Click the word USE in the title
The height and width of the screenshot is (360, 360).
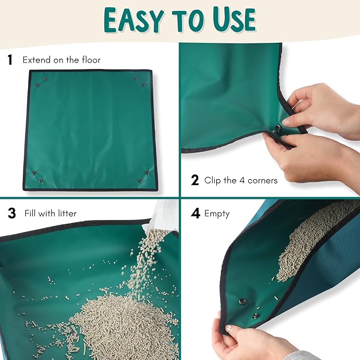232,20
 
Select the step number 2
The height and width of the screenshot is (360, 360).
195,180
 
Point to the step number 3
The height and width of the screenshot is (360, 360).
12,214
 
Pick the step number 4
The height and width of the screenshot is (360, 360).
196,214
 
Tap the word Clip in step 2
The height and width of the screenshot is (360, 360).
214,180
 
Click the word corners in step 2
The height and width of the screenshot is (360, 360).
263,180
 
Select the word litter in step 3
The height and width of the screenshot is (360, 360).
66,214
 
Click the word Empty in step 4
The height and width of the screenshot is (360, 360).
217,214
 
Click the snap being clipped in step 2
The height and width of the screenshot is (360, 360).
278,128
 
